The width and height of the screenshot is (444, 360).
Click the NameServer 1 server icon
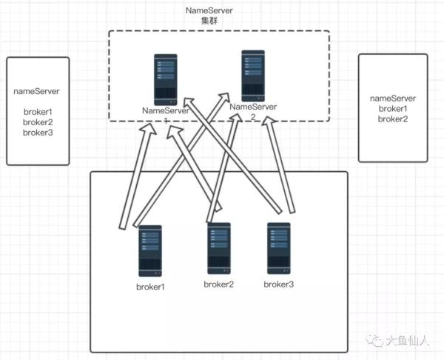pyautogui.click(x=166, y=79)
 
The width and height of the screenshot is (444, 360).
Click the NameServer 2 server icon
pyautogui.click(x=253, y=75)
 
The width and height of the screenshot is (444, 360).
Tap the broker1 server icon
pyautogui.click(x=150, y=251)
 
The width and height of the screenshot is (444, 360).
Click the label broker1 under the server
pyautogui.click(x=150, y=286)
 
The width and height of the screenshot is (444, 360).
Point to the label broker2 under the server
pyautogui.click(x=219, y=284)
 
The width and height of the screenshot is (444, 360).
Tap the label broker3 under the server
pyautogui.click(x=280, y=284)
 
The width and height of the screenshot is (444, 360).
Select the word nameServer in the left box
pyautogui.click(x=37, y=92)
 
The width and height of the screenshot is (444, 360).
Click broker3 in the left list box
pyautogui.click(x=37, y=133)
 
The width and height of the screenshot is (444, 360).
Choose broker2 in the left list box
pyautogui.click(x=37, y=122)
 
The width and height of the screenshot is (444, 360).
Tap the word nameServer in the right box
pyautogui.click(x=393, y=98)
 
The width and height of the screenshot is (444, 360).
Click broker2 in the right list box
pyautogui.click(x=393, y=119)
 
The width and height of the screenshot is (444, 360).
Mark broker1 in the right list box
pyautogui.click(x=393, y=108)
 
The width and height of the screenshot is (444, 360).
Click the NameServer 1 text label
pyautogui.click(x=166, y=111)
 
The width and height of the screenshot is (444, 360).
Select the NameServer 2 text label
pyautogui.click(x=252, y=109)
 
